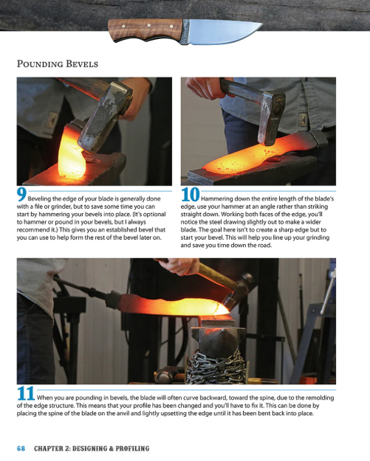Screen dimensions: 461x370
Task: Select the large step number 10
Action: coord(189,195)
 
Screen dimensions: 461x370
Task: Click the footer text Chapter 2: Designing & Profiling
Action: coord(92,448)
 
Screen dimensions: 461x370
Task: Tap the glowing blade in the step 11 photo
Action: coord(170,304)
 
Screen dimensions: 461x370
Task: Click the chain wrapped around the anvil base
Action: coord(215,364)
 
